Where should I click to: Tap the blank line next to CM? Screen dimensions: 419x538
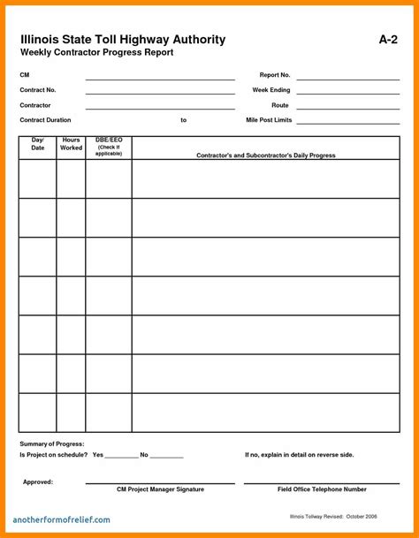(x=160, y=80)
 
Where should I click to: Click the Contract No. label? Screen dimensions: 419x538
(x=38, y=90)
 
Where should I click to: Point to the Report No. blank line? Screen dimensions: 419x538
(x=348, y=80)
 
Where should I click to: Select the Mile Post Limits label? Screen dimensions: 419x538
(x=268, y=119)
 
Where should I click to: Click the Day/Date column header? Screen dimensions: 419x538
(x=38, y=144)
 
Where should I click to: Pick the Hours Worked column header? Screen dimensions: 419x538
(x=72, y=144)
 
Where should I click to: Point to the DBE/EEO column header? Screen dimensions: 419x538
(x=109, y=146)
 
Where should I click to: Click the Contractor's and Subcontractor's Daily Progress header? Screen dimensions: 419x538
(x=265, y=155)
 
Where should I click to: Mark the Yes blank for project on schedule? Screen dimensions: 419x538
(x=122, y=456)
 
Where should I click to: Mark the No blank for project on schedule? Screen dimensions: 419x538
(x=167, y=456)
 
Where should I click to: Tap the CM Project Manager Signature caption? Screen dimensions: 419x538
(x=160, y=489)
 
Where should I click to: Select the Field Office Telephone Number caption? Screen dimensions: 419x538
(x=322, y=489)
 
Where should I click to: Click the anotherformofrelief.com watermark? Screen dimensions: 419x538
(x=62, y=519)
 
